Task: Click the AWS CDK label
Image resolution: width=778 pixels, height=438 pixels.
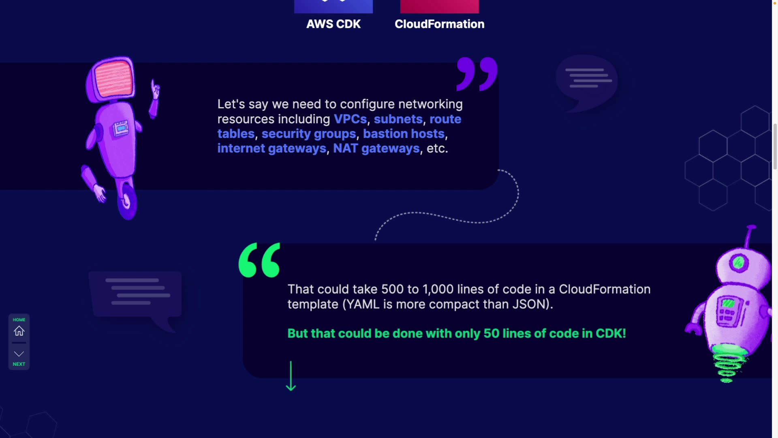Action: [x=333, y=24]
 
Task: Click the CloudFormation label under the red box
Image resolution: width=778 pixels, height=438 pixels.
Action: [x=439, y=24]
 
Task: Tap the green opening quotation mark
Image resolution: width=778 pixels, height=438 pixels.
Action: [x=259, y=260]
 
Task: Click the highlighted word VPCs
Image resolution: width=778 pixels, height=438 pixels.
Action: [x=350, y=119]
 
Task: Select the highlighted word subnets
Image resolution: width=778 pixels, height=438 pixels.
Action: [x=398, y=119]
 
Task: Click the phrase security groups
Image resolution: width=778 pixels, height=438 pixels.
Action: [x=308, y=134]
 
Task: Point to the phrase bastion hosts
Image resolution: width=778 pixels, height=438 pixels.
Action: [x=404, y=134]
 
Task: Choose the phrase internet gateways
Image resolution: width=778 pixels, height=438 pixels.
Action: [x=271, y=148]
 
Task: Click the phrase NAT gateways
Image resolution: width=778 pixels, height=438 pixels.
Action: [x=376, y=148]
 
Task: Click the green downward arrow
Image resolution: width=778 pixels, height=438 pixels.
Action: [x=291, y=376]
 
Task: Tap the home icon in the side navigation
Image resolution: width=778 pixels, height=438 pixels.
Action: [x=19, y=331]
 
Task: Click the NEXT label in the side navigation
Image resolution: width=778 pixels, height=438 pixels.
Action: [x=19, y=364]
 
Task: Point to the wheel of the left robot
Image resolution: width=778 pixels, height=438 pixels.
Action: [x=128, y=202]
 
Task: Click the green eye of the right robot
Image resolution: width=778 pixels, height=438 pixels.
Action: [x=738, y=263]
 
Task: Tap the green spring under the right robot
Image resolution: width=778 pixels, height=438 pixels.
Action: [x=728, y=365]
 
